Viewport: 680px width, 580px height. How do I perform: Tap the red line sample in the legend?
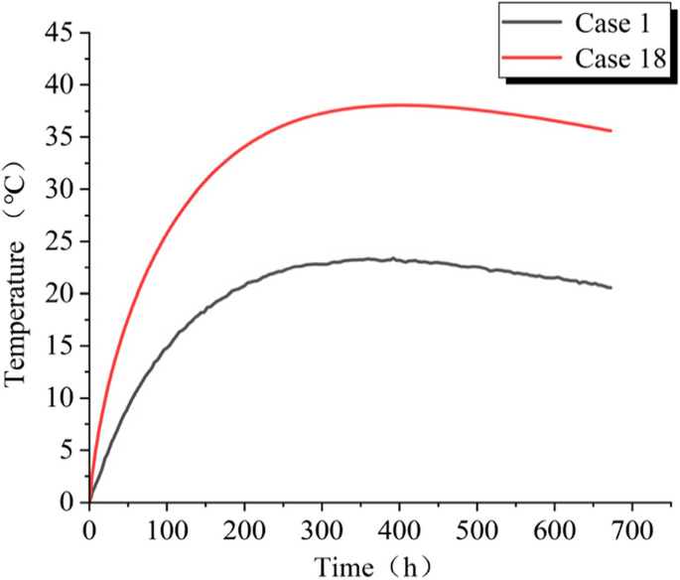[x=535, y=60]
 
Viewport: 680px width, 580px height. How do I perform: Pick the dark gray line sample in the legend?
[x=535, y=20]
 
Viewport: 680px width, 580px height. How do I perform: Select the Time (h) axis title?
[x=373, y=565]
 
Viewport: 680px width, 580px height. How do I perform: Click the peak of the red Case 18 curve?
[x=400, y=104]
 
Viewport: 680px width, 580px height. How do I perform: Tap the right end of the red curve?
[x=611, y=130]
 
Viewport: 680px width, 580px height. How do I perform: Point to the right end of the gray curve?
[x=611, y=287]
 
